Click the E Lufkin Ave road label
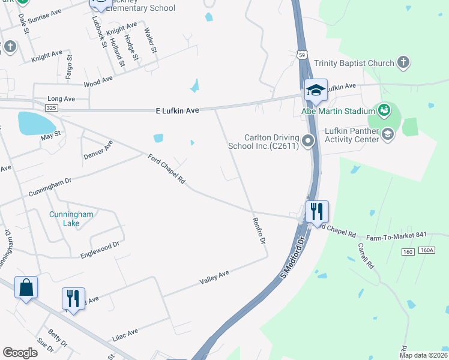coord(177,110)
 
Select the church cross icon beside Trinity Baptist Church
coord(403,62)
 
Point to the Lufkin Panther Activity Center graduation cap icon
coord(388,134)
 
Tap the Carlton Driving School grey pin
coord(309,141)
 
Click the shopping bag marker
coord(26,287)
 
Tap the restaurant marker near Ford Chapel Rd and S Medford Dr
coord(317,212)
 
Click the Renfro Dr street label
coord(259,230)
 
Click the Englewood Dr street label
coord(100,250)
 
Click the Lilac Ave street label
coord(125,335)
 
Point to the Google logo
coord(20,352)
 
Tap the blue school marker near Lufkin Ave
coord(316,90)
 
